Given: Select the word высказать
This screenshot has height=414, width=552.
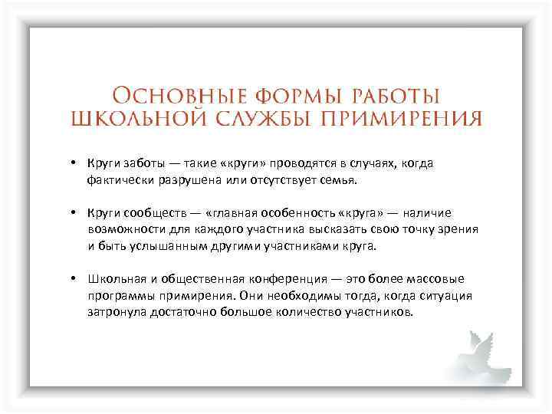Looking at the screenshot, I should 335,230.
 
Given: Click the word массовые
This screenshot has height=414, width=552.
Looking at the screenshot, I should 433,279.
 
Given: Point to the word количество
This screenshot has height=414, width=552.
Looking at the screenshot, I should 317,314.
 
